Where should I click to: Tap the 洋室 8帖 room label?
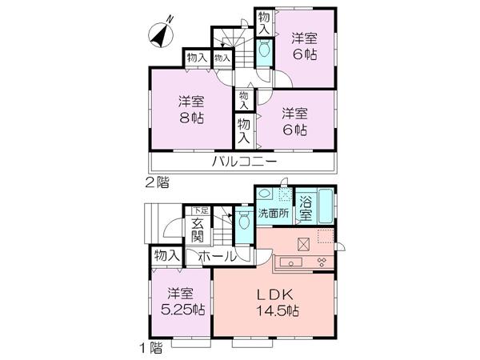(x=191, y=110)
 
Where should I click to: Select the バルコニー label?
(x=244, y=162)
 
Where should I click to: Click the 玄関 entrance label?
(x=199, y=230)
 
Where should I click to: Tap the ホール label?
(x=217, y=257)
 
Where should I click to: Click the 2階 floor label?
(x=157, y=182)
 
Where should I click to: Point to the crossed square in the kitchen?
(x=304, y=245)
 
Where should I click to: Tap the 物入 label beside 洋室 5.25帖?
(x=166, y=257)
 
